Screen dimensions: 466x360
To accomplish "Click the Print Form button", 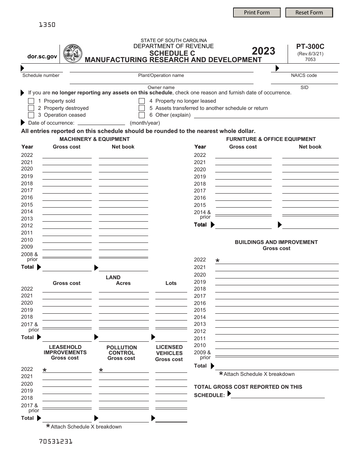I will pyautogui.click(x=257, y=13).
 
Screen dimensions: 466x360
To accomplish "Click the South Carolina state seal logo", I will pyautogui.click(x=73, y=53).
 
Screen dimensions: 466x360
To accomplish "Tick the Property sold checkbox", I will pyautogui.click(x=31, y=101).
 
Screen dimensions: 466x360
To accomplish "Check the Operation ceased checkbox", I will pyautogui.click(x=31, y=115).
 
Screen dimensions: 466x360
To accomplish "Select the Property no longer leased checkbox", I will pyautogui.click(x=142, y=101).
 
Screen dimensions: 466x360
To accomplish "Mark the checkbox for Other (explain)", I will pyautogui.click(x=142, y=115).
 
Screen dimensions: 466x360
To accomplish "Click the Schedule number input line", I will pyautogui.click(x=41, y=69).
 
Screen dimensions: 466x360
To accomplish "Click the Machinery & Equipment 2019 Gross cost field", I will pyautogui.click(x=67, y=176).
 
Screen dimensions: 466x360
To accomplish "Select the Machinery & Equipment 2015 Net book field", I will pyautogui.click(x=123, y=205).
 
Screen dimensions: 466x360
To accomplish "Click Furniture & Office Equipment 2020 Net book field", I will pyautogui.click(x=310, y=169).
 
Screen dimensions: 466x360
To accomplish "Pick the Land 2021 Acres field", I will pyautogui.click(x=123, y=296).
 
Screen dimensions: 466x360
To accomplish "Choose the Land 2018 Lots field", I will pyautogui.click(x=171, y=317).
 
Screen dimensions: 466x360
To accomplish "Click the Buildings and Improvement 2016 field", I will pyautogui.click(x=277, y=303).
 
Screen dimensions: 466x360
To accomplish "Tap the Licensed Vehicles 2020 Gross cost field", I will pyautogui.click(x=171, y=383).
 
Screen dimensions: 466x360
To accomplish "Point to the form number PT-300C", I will pyautogui.click(x=310, y=47).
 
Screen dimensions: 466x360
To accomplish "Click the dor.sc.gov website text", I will pyautogui.click(x=42, y=56).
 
